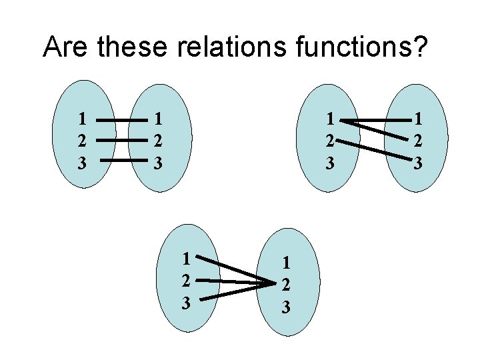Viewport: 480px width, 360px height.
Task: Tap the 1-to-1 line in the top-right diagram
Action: [x=377, y=121]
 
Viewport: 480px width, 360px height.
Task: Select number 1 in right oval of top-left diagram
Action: [x=157, y=120]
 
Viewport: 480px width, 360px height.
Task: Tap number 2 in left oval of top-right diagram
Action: [x=329, y=141]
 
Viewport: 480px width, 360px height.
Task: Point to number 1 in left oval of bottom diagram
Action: [x=187, y=257]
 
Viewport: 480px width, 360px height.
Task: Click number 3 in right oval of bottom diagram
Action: [x=285, y=307]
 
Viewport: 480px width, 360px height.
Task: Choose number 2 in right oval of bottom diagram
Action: [x=285, y=285]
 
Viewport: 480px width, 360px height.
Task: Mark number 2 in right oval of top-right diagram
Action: [x=418, y=141]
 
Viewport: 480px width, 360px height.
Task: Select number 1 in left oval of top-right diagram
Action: [x=329, y=120]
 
